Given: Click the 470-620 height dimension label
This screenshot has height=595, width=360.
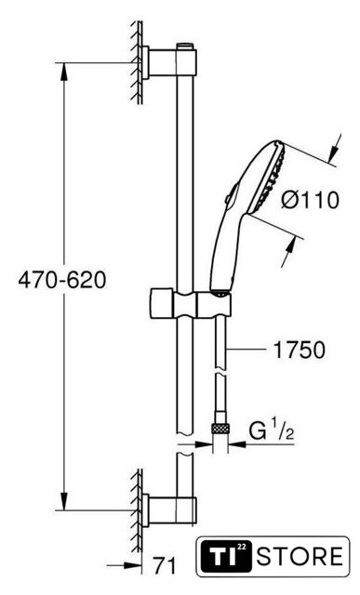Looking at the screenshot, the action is click(62, 281).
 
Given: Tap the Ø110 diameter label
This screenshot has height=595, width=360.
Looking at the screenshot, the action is click(310, 200).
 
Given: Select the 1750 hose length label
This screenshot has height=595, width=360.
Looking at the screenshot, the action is click(300, 350).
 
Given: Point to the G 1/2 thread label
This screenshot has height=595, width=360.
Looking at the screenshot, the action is click(272, 431).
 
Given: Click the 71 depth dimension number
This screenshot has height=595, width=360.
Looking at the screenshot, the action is click(165, 566).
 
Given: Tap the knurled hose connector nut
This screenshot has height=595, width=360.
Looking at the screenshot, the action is click(220, 429).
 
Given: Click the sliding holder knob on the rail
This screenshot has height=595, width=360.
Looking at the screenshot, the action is click(163, 304).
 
